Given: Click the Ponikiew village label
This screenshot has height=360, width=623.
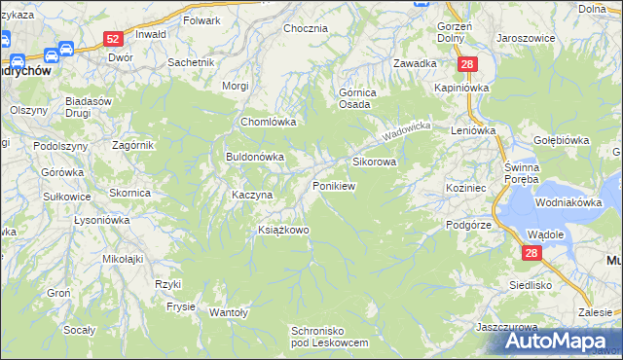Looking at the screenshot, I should (x=333, y=185).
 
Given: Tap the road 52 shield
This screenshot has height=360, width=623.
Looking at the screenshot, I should (x=113, y=39).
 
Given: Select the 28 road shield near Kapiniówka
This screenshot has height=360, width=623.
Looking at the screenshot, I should (x=468, y=64).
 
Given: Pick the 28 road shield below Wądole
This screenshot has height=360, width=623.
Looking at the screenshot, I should (x=531, y=253).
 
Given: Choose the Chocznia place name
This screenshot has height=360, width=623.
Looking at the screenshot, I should (x=305, y=28).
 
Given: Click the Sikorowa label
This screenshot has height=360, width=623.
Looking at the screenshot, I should (x=374, y=162).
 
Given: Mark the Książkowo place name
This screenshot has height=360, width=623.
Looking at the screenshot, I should (x=282, y=231).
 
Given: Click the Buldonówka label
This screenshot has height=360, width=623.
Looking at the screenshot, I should (x=254, y=156).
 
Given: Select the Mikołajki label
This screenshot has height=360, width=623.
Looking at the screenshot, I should (x=123, y=259).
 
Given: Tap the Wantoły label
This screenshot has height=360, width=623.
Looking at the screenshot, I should (x=229, y=312).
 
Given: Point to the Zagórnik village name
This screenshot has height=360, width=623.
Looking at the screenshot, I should (x=105, y=145).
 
